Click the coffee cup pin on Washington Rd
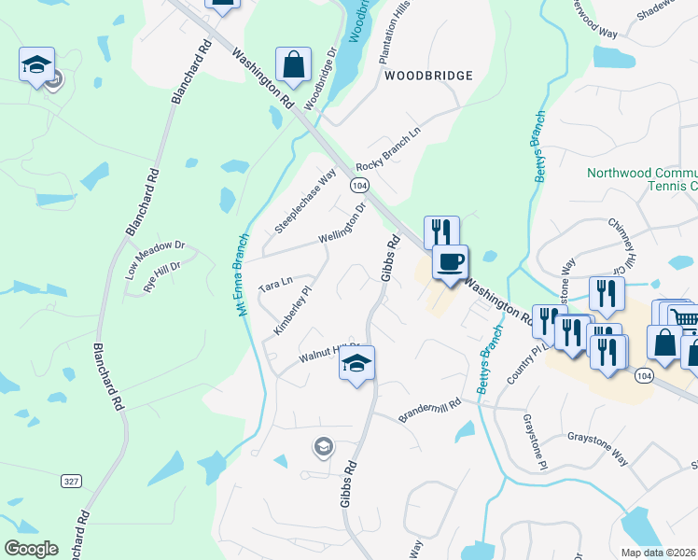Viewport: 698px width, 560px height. point(451,261)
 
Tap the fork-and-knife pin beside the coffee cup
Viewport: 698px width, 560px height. point(441,232)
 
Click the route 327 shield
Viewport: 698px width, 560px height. point(71,481)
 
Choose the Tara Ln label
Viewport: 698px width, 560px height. point(275,283)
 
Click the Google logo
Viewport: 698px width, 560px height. point(32,548)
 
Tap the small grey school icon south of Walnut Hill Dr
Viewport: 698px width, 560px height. point(323,447)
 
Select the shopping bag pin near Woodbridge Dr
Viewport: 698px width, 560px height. point(293,65)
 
